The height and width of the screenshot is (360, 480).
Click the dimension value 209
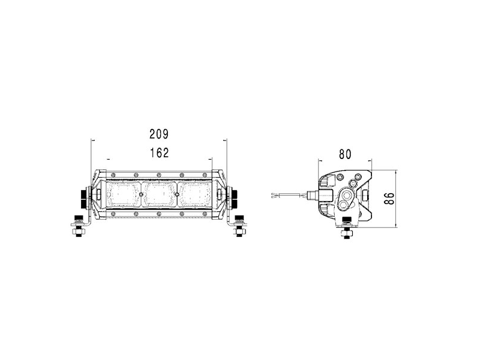[x=158, y=134]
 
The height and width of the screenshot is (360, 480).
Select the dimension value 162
[x=158, y=152]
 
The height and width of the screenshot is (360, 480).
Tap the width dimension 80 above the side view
[x=344, y=154]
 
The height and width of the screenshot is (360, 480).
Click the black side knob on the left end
[x=82, y=196]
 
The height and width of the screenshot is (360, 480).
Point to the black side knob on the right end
[x=236, y=196]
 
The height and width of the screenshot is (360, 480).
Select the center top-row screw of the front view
[x=159, y=175]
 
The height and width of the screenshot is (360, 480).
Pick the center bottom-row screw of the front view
[x=159, y=213]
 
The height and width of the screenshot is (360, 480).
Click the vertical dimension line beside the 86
[x=398, y=198]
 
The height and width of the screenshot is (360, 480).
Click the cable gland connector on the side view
[x=313, y=195]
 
